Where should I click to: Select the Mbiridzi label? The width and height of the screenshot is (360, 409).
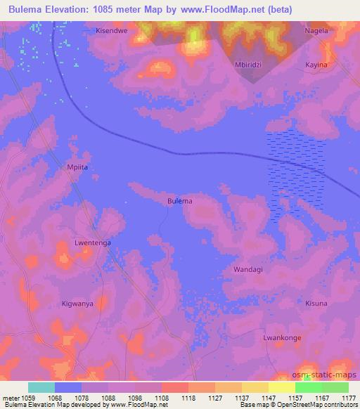[x=248, y=64]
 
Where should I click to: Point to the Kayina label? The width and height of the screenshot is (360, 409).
[x=316, y=64]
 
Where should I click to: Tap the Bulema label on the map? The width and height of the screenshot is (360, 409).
[x=180, y=201]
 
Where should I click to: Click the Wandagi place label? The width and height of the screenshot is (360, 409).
[x=248, y=269]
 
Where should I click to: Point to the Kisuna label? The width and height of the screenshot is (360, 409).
[x=316, y=304]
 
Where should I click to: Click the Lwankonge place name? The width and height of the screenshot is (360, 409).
[x=282, y=338]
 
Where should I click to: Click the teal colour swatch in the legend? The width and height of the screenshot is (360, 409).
[x=41, y=387]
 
